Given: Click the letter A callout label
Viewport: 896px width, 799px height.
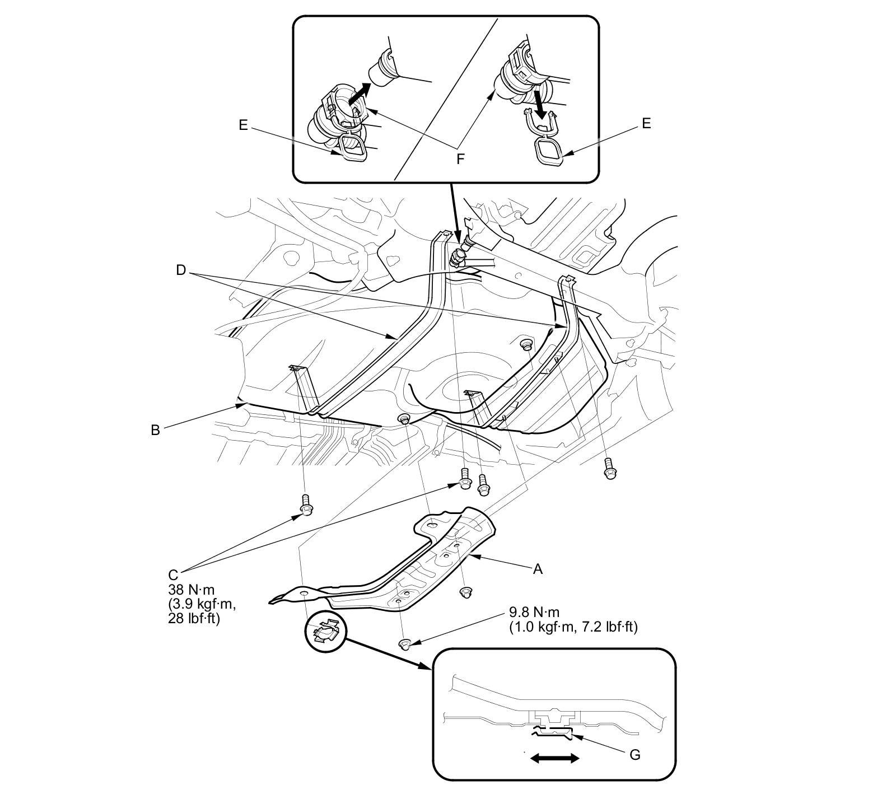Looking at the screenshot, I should tap(538, 569).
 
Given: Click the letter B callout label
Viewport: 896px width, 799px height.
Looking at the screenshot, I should tap(155, 430).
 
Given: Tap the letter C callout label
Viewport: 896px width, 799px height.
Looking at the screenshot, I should tap(173, 575).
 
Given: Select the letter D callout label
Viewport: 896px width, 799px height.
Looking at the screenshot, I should tap(180, 270).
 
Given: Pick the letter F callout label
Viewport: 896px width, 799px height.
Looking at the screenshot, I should tap(460, 159).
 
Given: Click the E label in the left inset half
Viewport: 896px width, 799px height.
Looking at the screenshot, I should tap(242, 125).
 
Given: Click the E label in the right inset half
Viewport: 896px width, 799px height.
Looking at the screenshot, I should tap(646, 123).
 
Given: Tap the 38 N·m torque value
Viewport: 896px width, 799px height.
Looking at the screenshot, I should tap(191, 590).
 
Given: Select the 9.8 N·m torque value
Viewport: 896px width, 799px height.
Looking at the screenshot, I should tap(534, 612).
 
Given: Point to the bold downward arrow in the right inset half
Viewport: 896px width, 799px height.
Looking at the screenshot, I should tap(540, 103).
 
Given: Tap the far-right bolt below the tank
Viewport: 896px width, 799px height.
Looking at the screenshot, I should tap(609, 468).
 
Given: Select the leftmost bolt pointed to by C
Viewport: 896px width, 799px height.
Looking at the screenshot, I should tap(306, 503).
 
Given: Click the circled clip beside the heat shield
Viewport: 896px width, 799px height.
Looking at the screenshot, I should tap(324, 635).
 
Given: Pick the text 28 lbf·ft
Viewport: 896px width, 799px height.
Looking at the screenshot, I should tap(193, 619).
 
